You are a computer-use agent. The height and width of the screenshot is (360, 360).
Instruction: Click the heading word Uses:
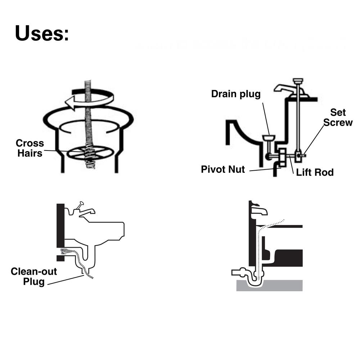42,33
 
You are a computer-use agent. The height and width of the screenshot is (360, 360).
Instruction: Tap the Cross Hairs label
30,148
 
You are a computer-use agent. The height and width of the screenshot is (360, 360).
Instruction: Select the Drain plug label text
236,94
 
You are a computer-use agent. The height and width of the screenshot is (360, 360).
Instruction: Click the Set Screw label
338,117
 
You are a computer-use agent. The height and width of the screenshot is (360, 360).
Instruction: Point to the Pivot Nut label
223,169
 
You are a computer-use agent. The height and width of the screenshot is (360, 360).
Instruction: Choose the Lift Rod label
315,172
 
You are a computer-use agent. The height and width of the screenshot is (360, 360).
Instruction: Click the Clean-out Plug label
34,276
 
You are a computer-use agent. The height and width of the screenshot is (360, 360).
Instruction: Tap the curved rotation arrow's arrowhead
70,103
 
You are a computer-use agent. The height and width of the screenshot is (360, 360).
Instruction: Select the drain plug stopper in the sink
269,138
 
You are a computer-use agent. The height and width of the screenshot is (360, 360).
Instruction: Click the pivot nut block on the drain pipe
282,158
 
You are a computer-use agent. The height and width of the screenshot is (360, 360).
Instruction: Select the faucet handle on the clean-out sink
80,205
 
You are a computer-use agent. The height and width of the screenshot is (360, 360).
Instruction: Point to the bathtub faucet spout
259,210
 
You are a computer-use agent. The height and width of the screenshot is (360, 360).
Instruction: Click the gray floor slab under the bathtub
269,285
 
